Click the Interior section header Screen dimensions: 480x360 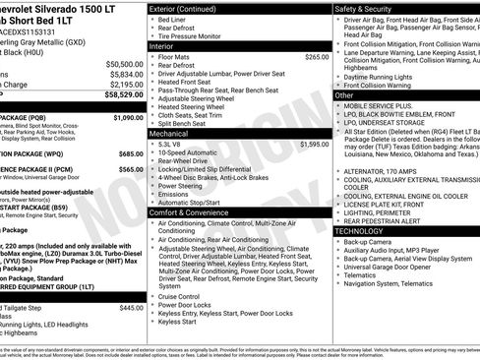[162, 46]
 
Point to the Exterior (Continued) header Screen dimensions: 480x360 [189, 8]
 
